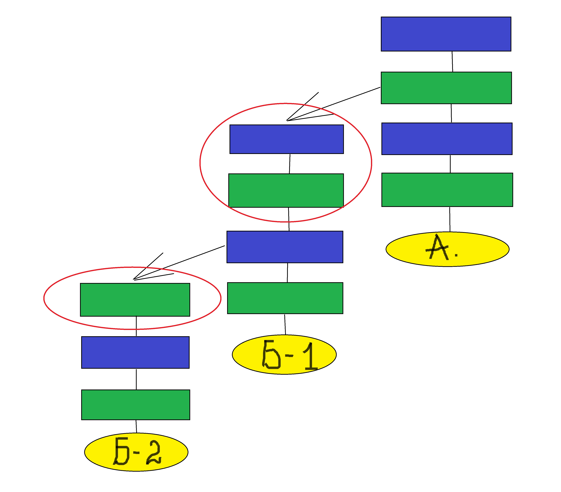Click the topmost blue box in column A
(x=446, y=34)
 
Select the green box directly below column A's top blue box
(x=446, y=88)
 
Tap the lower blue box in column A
(x=447, y=139)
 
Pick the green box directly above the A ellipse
(x=447, y=190)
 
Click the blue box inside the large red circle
(x=286, y=139)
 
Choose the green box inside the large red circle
(x=286, y=190)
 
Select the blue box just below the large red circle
(x=285, y=247)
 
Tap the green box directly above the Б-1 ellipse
(x=285, y=298)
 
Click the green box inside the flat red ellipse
(x=135, y=300)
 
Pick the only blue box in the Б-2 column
(x=135, y=352)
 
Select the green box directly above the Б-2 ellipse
(x=135, y=405)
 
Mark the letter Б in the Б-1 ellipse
(x=271, y=355)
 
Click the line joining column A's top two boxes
(x=452, y=62)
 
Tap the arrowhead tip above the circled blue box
(x=287, y=120)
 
